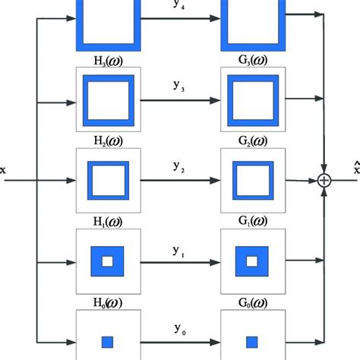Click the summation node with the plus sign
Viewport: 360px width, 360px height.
pos(326,181)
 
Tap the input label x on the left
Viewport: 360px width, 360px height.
pos(3,170)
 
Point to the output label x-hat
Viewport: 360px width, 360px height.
pos(355,169)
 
